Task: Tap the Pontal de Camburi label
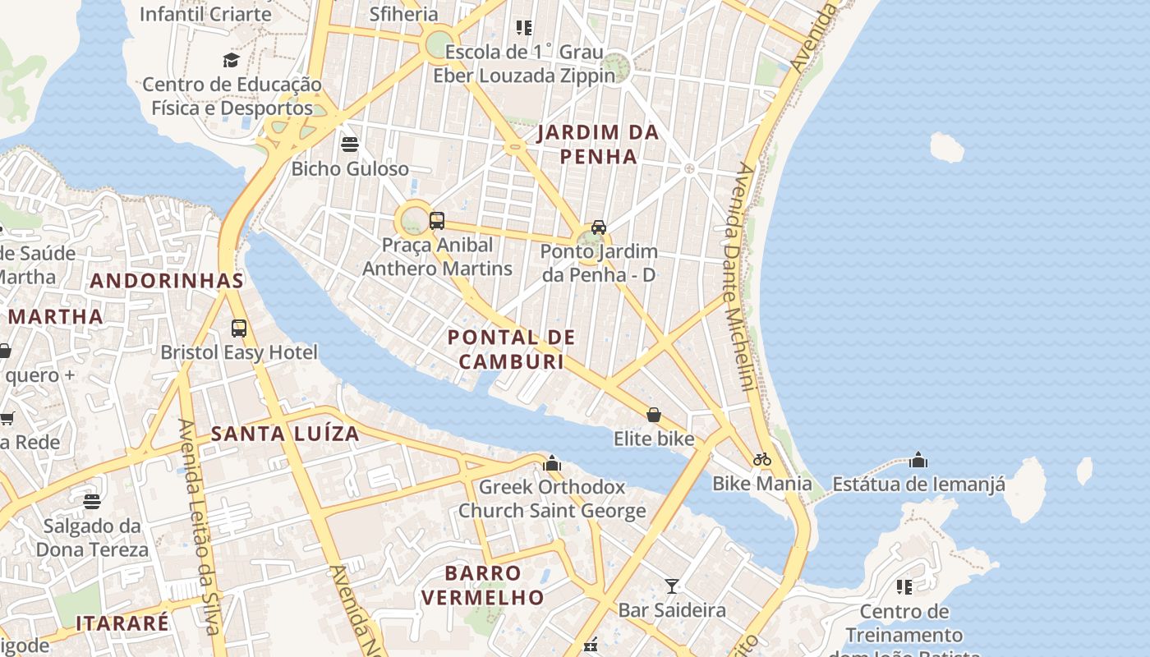(511, 349)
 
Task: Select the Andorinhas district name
(167, 280)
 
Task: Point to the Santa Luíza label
(285, 434)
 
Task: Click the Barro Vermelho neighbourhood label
(483, 585)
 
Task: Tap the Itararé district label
(122, 623)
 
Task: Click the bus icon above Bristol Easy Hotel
(239, 328)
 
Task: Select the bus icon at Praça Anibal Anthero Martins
(437, 221)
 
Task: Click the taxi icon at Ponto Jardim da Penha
(599, 227)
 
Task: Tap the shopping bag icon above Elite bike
(654, 415)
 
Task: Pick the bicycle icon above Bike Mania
(762, 459)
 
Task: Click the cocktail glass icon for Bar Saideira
(672, 586)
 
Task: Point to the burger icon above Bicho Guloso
(350, 145)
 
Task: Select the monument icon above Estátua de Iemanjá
(918, 460)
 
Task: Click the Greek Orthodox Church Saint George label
(552, 498)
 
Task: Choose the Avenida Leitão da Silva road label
(200, 526)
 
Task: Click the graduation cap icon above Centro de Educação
(232, 60)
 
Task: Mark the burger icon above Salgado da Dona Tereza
(92, 501)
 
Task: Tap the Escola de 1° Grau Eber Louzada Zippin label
(524, 64)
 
